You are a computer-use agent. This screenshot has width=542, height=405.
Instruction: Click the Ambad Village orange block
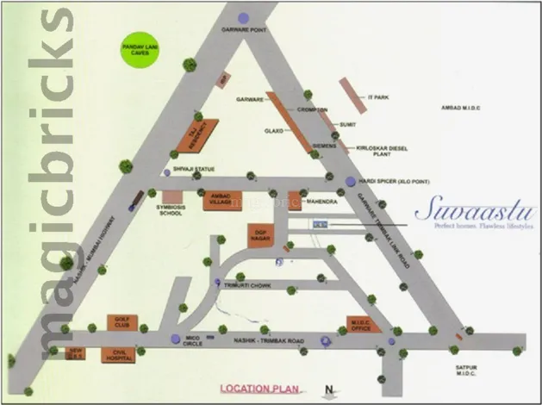(x=220, y=201)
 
